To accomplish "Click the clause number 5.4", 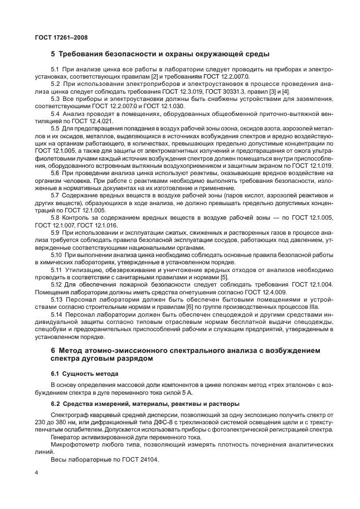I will [55, 113].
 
